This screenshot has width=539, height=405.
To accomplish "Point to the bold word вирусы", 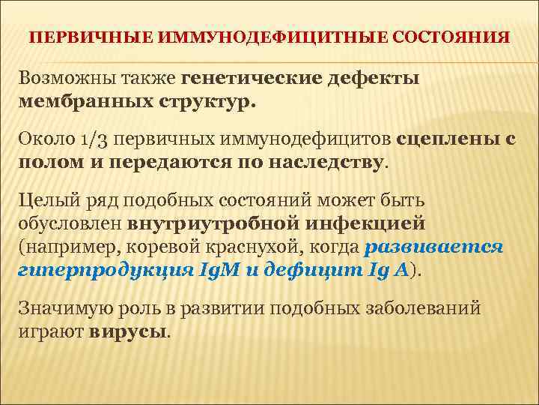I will [128, 331].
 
